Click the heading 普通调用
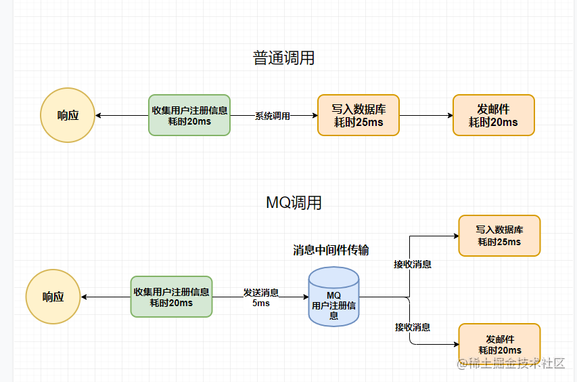(x=283, y=58)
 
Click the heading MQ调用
(x=294, y=203)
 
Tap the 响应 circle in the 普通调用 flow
(x=68, y=115)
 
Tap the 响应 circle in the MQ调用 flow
(x=53, y=297)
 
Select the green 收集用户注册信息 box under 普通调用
(x=189, y=115)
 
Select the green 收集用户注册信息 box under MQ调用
(x=171, y=297)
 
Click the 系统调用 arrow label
(x=272, y=116)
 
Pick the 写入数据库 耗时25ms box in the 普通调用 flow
(x=359, y=115)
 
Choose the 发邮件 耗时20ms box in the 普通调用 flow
(x=493, y=115)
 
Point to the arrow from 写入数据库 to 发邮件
(x=426, y=115)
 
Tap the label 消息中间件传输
(x=331, y=250)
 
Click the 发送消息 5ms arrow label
(x=261, y=297)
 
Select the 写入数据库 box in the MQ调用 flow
(x=499, y=236)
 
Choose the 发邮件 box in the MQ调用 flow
(x=499, y=344)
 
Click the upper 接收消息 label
(x=413, y=264)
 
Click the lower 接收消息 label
(x=413, y=327)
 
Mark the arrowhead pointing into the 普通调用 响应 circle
(x=99, y=115)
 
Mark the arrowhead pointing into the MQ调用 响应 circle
(x=84, y=297)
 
